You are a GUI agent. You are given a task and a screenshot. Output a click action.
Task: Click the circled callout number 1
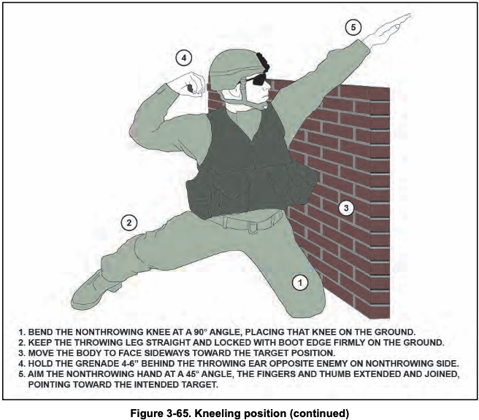(300, 283)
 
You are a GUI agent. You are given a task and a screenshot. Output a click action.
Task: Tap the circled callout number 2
(129, 222)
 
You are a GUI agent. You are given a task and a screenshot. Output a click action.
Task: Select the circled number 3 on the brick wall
(346, 208)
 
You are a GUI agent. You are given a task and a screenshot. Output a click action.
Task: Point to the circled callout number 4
(183, 58)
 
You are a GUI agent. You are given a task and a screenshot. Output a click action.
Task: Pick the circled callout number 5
(353, 28)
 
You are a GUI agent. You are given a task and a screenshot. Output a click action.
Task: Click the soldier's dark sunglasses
(258, 79)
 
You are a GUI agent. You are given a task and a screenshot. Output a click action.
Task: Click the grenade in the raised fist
(190, 89)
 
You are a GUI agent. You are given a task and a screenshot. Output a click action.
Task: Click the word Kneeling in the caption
(215, 414)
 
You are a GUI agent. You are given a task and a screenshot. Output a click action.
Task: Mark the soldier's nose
(269, 87)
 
